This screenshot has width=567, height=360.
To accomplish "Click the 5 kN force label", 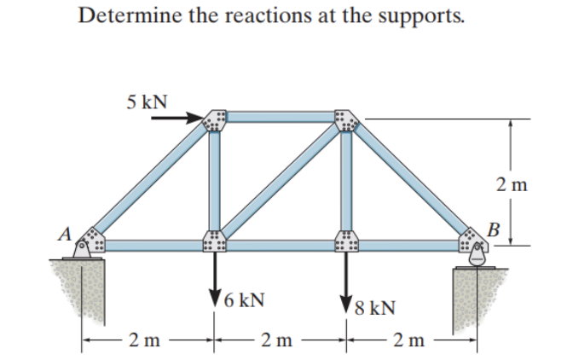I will (x=148, y=101).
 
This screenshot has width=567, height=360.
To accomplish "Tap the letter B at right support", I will (x=492, y=228).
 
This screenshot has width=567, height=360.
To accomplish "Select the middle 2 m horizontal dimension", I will (x=279, y=343).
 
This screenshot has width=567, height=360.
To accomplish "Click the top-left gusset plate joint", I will (x=213, y=120).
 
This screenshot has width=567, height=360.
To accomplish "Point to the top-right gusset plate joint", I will (x=345, y=120).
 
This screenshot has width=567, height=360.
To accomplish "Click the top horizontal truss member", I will (x=279, y=118).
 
